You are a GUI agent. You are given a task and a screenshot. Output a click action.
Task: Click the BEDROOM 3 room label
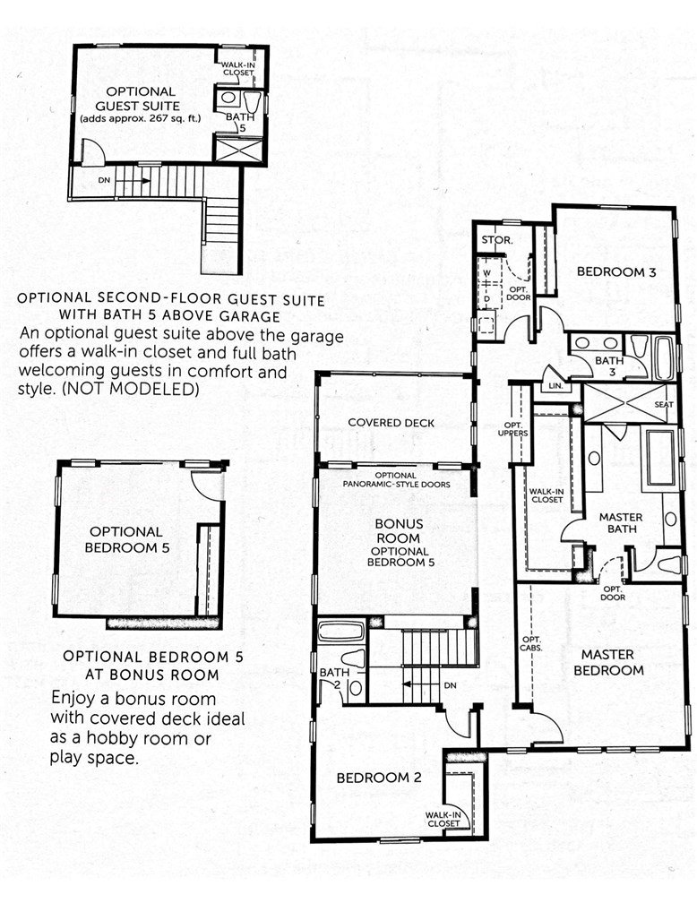614,271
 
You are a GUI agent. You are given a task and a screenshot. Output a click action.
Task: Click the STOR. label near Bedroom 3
496,240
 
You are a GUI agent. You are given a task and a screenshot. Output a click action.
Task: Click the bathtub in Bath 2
340,631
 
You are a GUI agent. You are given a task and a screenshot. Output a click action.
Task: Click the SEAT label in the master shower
663,404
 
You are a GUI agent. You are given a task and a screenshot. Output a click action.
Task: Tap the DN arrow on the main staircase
421,685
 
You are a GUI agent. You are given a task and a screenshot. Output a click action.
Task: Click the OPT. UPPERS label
517,428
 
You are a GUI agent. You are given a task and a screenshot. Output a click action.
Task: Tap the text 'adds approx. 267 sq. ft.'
141,118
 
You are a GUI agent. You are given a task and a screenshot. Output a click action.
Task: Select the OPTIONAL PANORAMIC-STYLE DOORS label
394,479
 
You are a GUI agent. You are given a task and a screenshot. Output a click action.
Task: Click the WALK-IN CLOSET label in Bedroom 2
443,819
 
